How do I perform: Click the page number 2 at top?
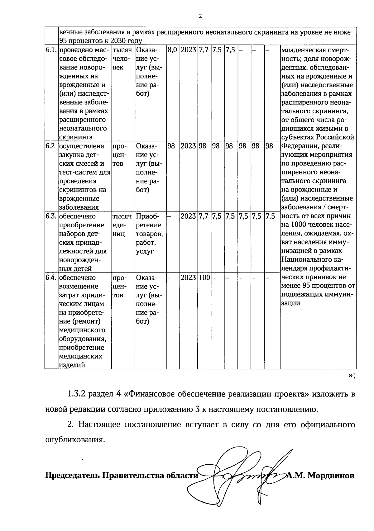coord(200,16)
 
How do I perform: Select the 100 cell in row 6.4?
coord(204,277)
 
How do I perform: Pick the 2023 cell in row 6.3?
coord(188,216)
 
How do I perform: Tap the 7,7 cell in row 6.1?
coord(204,50)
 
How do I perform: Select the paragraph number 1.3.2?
coord(77,394)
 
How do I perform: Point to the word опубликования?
coord(74,440)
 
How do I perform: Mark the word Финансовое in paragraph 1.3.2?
coord(151,394)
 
